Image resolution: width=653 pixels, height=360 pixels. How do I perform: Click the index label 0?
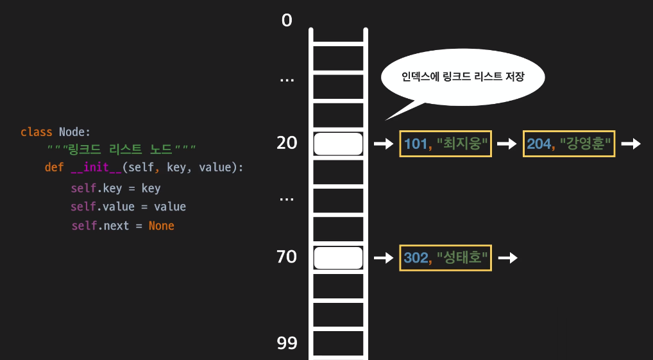[287, 21]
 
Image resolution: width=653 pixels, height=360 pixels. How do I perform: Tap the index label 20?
[287, 143]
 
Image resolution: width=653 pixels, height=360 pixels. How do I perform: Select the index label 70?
[287, 257]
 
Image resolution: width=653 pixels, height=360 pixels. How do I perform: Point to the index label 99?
[287, 343]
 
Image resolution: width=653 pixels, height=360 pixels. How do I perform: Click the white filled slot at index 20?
[338, 144]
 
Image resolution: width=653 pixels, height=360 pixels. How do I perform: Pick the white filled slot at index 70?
[338, 257]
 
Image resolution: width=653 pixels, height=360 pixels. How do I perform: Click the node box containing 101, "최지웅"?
[446, 144]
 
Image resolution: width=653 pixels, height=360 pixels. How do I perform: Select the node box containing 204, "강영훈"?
[570, 144]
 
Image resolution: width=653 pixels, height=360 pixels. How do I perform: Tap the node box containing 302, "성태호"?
[446, 257]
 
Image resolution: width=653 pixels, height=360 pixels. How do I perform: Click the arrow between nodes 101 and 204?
[507, 144]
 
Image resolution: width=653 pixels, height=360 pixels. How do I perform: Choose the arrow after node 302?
[507, 257]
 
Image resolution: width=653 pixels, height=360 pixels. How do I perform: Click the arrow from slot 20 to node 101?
[383, 144]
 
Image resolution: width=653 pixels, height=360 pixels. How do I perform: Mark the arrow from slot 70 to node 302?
[383, 257]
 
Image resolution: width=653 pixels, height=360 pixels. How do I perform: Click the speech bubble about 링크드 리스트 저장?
[462, 78]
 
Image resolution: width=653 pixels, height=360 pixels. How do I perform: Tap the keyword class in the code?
[37, 132]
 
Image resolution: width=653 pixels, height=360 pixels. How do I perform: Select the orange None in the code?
[161, 226]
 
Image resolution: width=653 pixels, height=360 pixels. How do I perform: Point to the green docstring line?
[121, 150]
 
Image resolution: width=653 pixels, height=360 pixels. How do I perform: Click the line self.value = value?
[128, 207]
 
